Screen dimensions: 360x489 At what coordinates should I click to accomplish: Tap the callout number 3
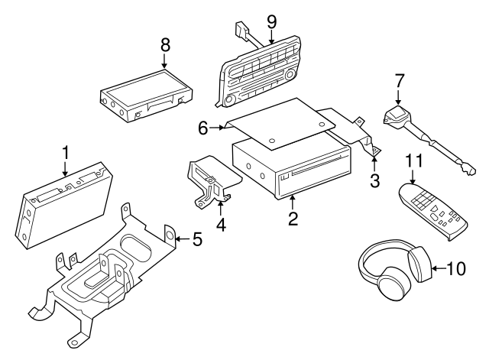374,180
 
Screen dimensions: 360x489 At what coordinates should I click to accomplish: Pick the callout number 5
197,240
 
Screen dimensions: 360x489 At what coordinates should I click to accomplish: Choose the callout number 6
203,128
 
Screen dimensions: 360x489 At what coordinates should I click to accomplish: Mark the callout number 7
399,80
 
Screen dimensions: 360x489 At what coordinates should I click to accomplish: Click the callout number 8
165,46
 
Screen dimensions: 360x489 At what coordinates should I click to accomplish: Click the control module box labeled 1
63,203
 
